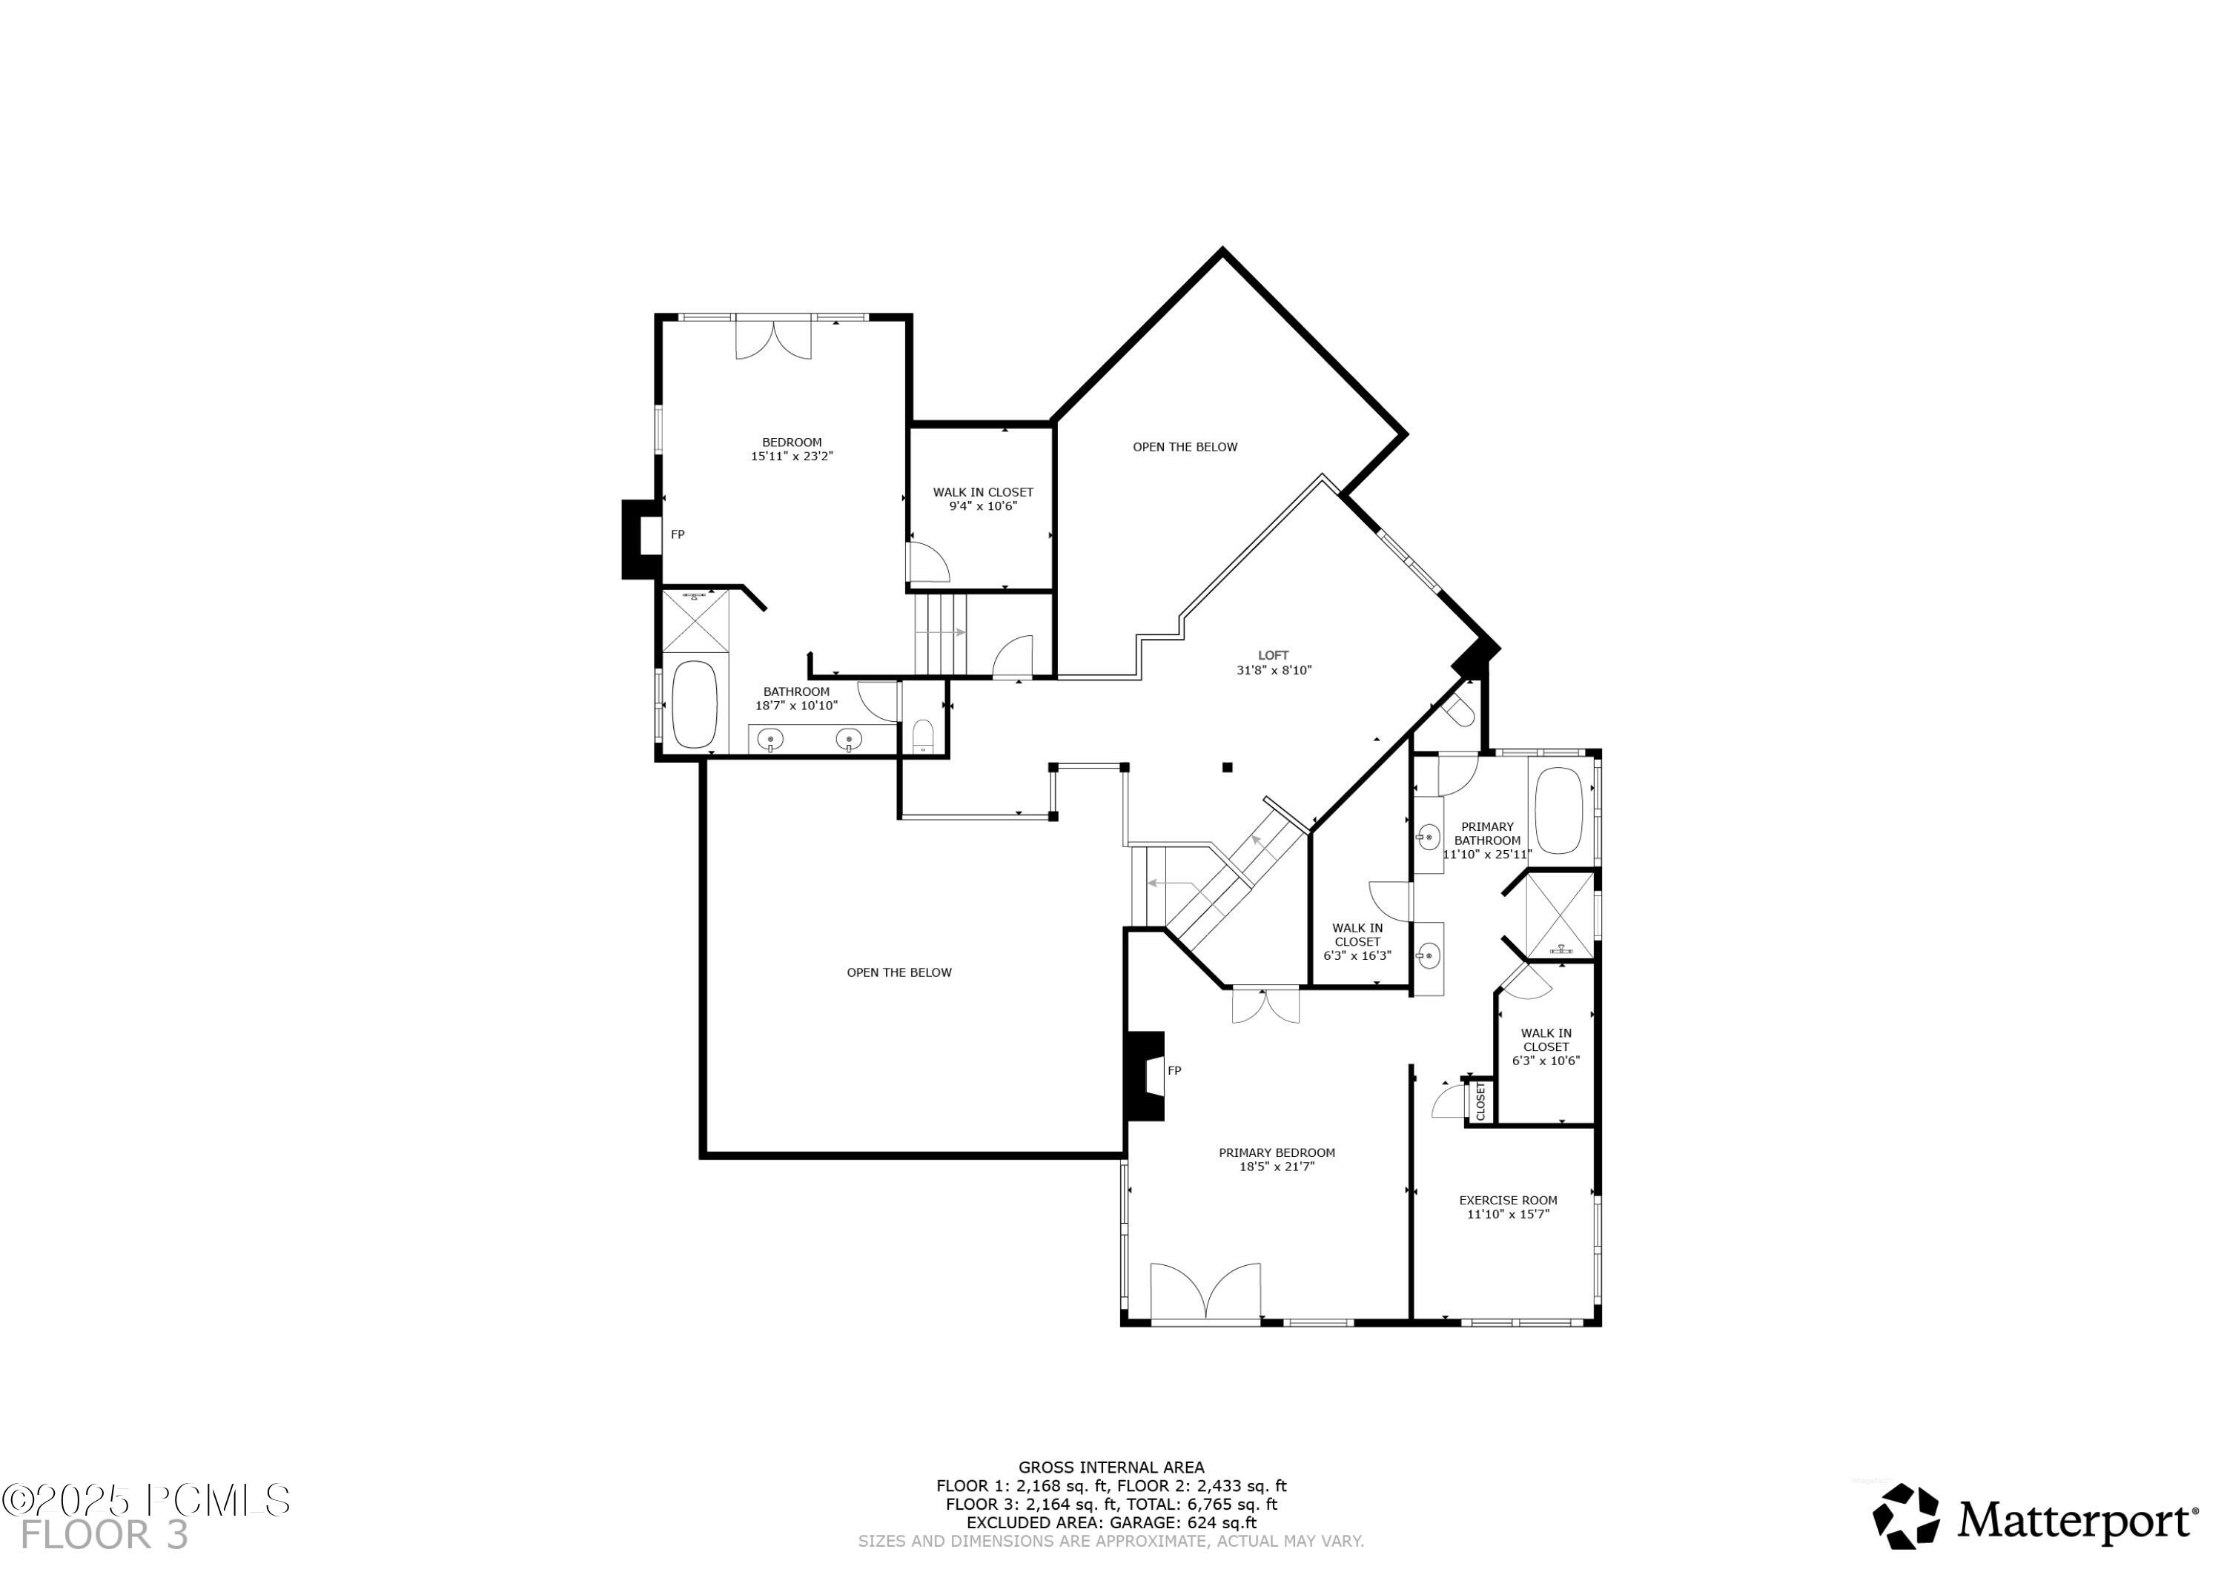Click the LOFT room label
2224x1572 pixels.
tap(1273, 656)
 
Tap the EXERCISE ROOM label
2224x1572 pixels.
tap(1507, 1200)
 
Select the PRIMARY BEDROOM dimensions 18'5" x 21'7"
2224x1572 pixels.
tap(1276, 1166)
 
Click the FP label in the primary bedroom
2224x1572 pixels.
tap(1174, 1070)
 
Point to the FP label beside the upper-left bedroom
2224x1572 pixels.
tap(677, 534)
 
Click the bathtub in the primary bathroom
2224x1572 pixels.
tap(1558, 811)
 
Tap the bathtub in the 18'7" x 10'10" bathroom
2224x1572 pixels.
tap(694, 704)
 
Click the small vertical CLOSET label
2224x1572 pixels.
tap(1480, 1101)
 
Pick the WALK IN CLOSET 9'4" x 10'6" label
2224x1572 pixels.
tap(982, 499)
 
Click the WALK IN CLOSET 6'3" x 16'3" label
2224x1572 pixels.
tap(1357, 941)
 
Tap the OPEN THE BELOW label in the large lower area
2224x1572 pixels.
tap(899, 972)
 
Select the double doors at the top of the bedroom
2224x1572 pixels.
tap(773, 339)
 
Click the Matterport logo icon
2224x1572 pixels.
tap(1904, 1516)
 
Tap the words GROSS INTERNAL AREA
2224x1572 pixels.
tap(1111, 1467)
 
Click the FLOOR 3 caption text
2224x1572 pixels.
tap(105, 1535)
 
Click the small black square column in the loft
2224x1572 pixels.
tap(1226, 767)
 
